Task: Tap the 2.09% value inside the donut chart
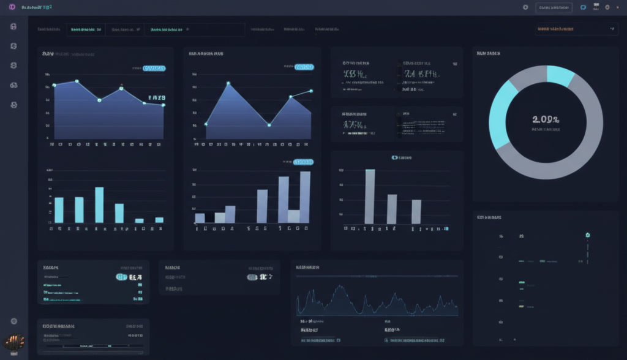(546, 119)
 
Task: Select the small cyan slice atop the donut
(560, 75)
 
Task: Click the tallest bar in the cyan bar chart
(99, 204)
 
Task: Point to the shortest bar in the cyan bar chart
(139, 220)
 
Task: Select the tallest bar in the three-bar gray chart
(370, 196)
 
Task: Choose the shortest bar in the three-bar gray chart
(416, 211)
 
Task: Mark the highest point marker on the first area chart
(77, 81)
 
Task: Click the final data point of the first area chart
(163, 105)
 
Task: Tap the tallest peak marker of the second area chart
(228, 83)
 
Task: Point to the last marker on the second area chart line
(311, 91)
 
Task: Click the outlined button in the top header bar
(554, 7)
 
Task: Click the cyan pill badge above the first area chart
(154, 69)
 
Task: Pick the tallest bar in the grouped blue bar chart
(304, 197)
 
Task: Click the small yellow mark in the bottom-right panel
(521, 306)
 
